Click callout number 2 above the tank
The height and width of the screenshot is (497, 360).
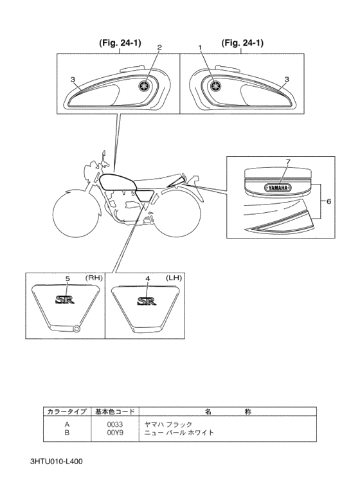click(x=159, y=47)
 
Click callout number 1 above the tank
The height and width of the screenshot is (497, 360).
click(x=201, y=47)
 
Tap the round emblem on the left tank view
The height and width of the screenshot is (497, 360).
click(x=144, y=86)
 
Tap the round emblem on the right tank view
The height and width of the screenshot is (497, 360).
click(x=216, y=86)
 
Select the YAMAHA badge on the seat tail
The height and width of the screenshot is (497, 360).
click(x=278, y=188)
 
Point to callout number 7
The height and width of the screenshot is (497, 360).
click(x=288, y=161)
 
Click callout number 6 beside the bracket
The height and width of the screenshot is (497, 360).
click(x=328, y=201)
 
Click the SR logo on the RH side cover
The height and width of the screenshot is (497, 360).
click(x=65, y=299)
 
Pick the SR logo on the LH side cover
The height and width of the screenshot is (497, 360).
click(x=147, y=300)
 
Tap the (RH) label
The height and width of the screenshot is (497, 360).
click(x=94, y=278)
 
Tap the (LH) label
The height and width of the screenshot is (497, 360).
click(x=174, y=278)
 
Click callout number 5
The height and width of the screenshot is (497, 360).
click(x=67, y=278)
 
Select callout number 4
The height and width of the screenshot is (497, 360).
click(x=147, y=278)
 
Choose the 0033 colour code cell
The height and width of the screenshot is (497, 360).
click(x=114, y=424)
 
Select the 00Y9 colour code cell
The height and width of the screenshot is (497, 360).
click(x=114, y=432)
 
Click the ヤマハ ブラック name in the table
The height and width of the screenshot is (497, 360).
click(x=168, y=424)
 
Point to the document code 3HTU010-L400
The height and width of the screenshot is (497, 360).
click(x=57, y=462)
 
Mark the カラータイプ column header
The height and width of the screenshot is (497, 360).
click(x=67, y=411)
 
